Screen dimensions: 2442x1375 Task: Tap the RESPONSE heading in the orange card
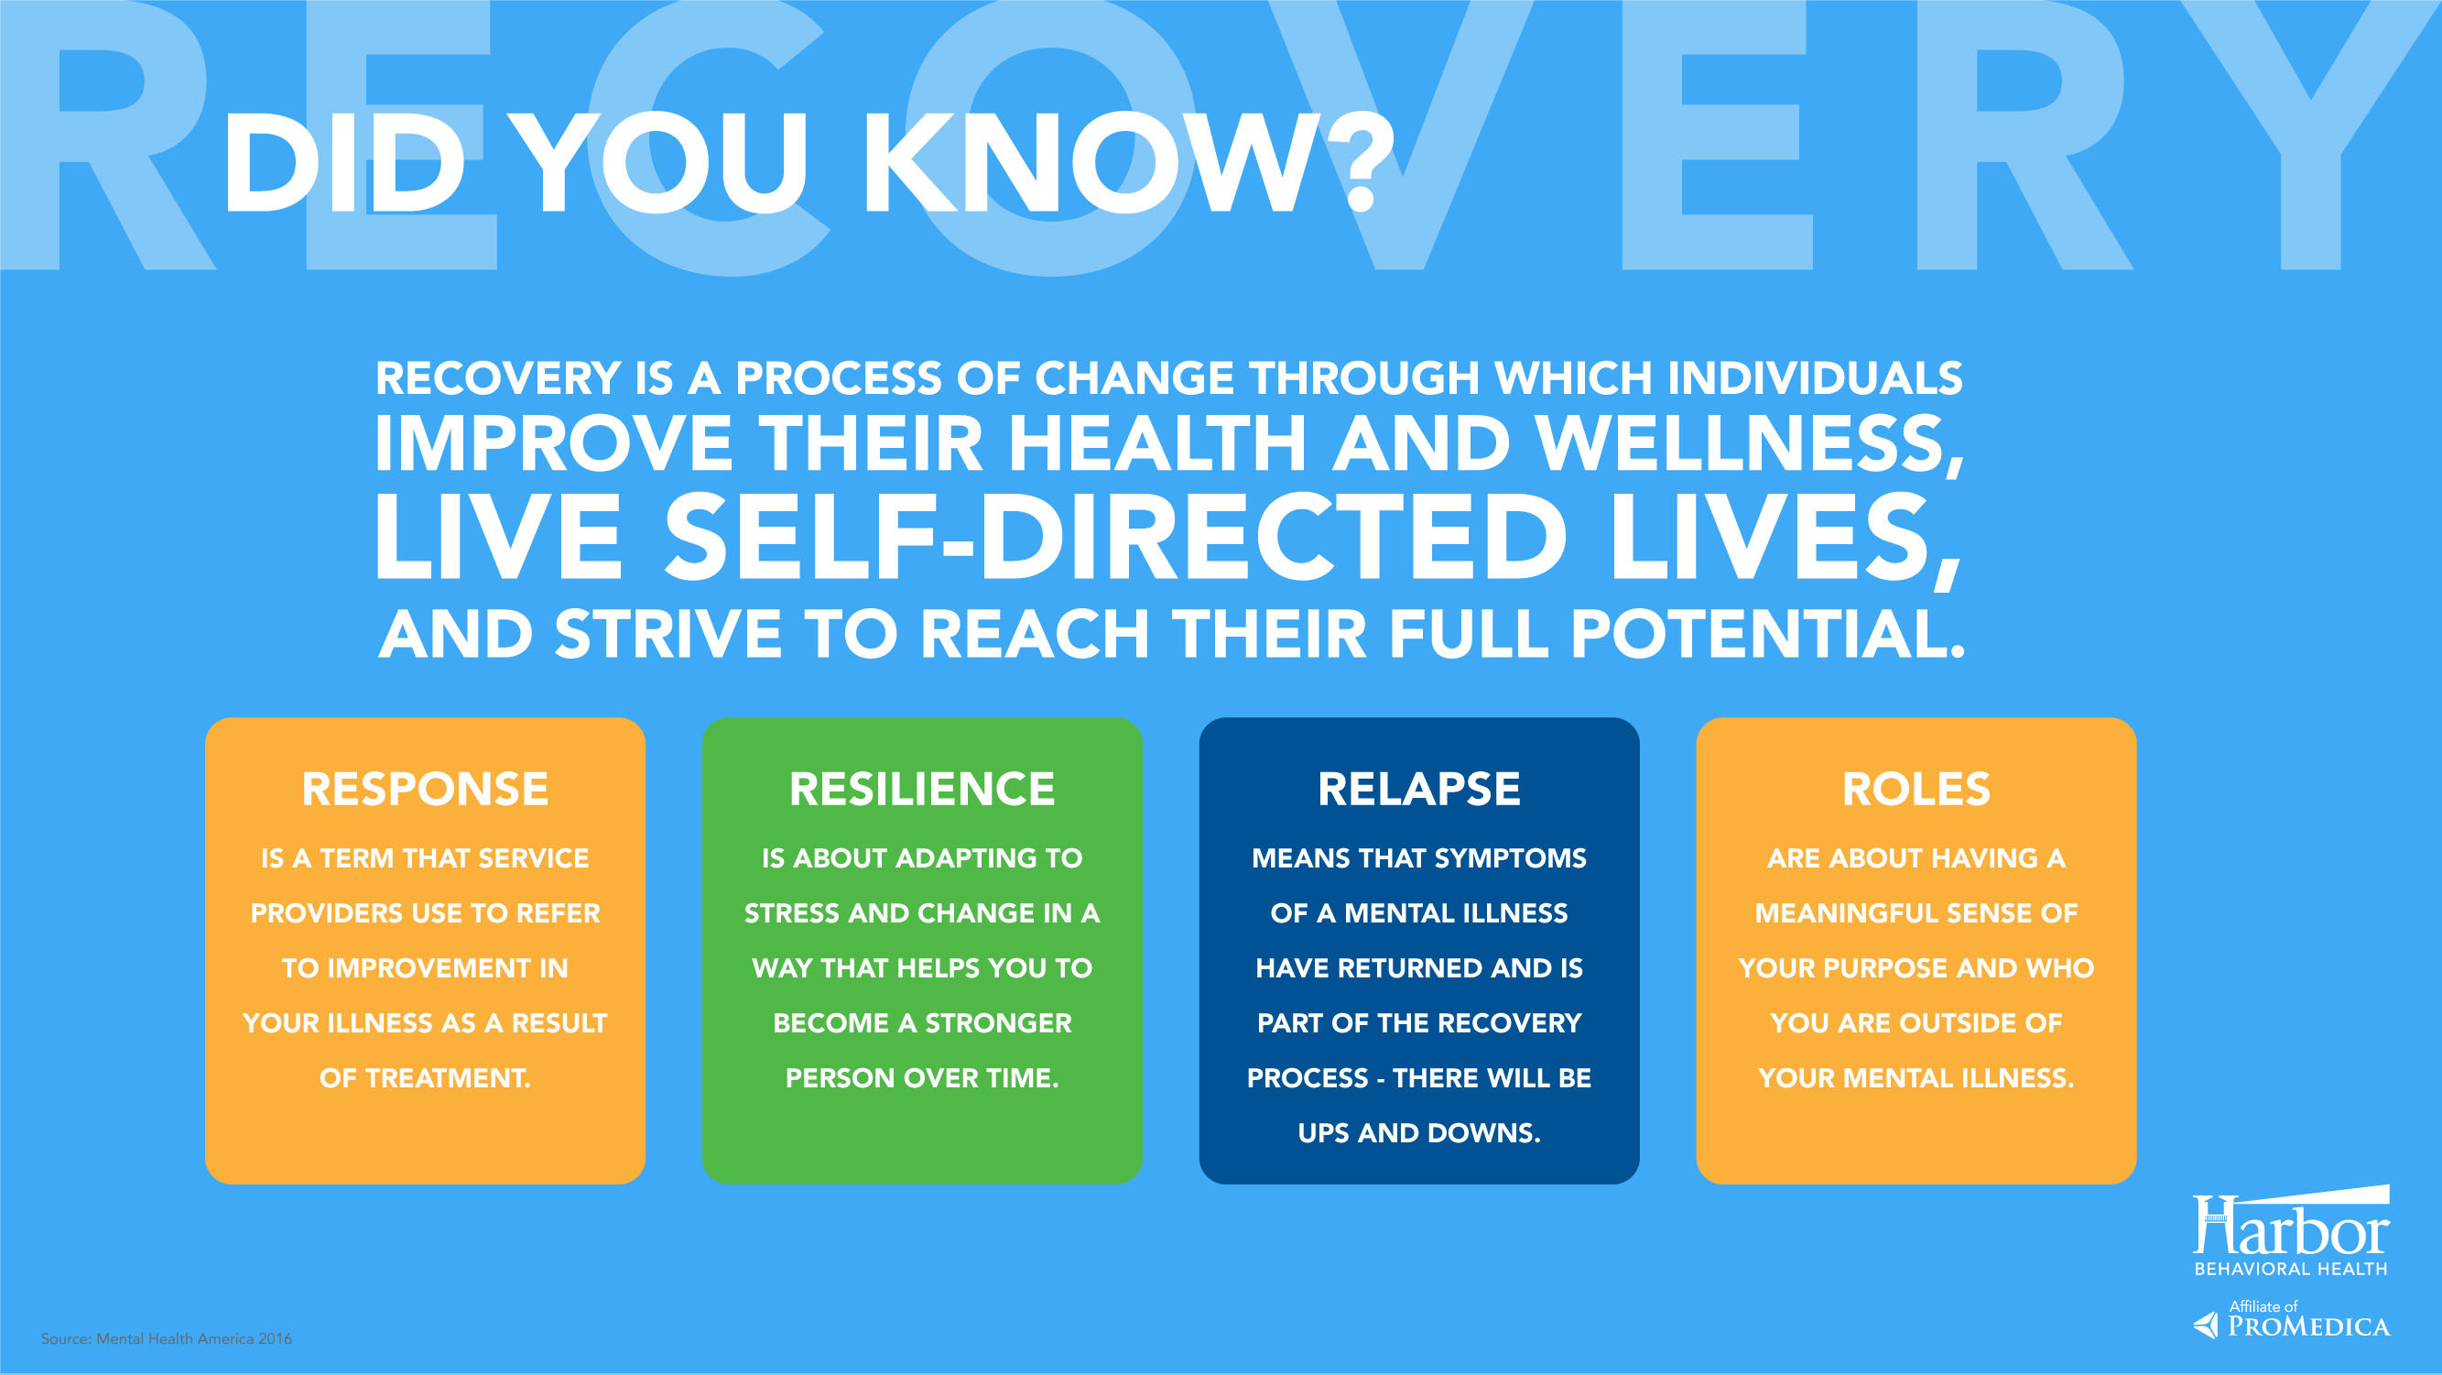point(425,789)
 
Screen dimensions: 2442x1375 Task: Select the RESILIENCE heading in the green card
point(921,789)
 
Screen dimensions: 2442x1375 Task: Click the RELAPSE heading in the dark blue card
point(1419,789)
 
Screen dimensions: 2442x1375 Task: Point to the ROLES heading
point(1916,789)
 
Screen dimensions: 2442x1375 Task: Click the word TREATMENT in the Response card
point(448,1078)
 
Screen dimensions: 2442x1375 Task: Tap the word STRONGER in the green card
point(998,1023)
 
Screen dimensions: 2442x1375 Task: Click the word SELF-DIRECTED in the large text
point(1116,537)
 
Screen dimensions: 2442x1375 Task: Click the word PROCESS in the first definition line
point(839,378)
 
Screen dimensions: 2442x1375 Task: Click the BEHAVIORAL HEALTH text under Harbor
point(2290,1269)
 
